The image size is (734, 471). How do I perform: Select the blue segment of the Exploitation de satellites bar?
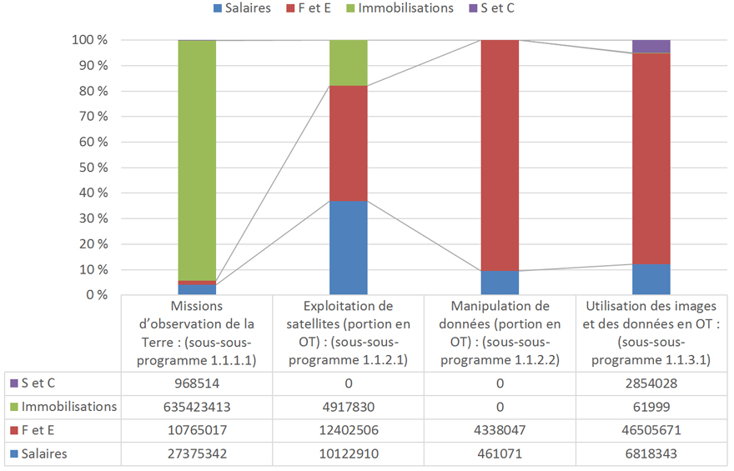pos(349,248)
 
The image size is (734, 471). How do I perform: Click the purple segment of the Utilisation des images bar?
pos(651,46)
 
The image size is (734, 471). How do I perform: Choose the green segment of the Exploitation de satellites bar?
pos(349,63)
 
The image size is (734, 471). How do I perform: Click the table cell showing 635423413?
pos(197,407)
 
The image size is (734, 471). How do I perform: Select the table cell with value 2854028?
pos(651,383)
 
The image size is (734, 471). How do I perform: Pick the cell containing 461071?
pos(500,453)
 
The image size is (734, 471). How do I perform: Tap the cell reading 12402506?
pos(349,430)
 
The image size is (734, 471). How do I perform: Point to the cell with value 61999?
pos(651,407)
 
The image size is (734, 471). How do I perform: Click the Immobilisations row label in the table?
pos(69,407)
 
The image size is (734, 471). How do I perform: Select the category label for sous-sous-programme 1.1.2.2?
pos(500,333)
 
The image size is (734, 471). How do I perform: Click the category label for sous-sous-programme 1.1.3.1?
pos(651,333)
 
